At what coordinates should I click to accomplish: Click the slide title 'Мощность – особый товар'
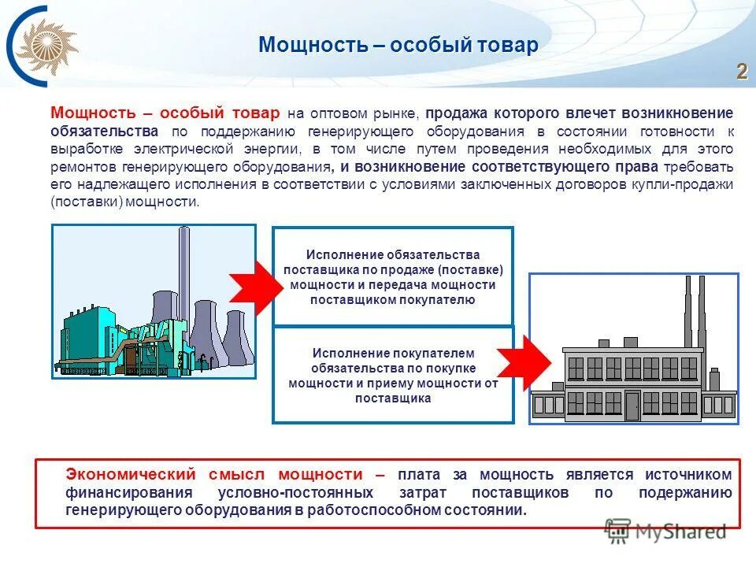(x=398, y=46)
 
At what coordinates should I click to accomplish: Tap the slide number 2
(x=741, y=72)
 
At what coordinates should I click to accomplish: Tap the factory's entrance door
(x=632, y=405)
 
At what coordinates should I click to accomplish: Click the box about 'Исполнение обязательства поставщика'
(x=392, y=277)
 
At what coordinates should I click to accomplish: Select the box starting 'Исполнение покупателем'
(x=392, y=376)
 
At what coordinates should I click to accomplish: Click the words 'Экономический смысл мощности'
(x=214, y=475)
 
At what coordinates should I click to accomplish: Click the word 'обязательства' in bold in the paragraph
(x=104, y=131)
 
